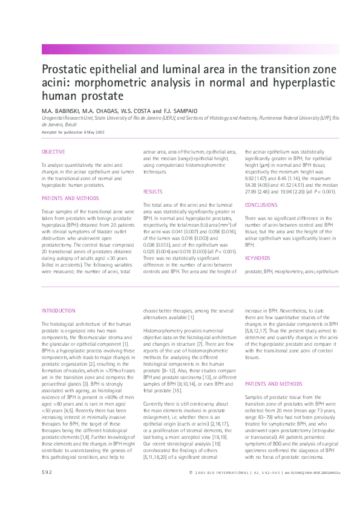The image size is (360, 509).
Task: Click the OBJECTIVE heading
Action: coord(53,152)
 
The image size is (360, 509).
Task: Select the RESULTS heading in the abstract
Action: coord(152,192)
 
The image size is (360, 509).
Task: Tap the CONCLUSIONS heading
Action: coord(261,205)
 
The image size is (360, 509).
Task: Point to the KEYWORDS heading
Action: coord(257,258)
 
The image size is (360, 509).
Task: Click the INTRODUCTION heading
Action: coord(59,311)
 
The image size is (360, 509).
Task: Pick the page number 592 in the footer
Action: coord(47,488)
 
